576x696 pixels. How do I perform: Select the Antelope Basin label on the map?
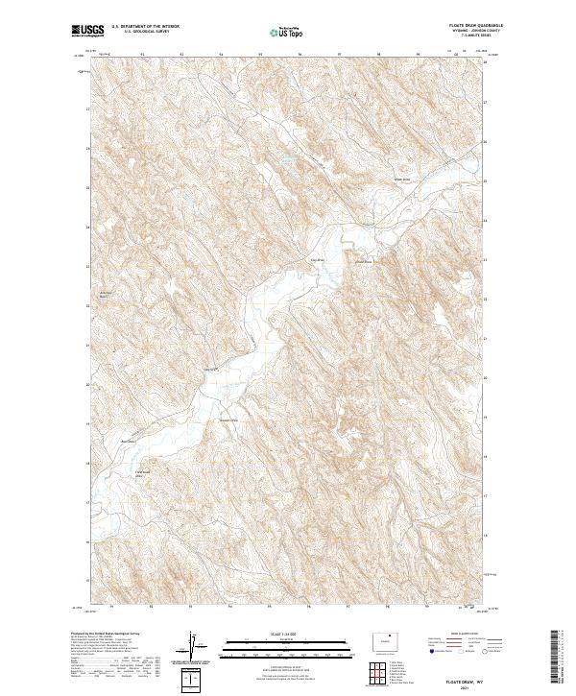point(107,295)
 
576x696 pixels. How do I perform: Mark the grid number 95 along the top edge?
point(262,54)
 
